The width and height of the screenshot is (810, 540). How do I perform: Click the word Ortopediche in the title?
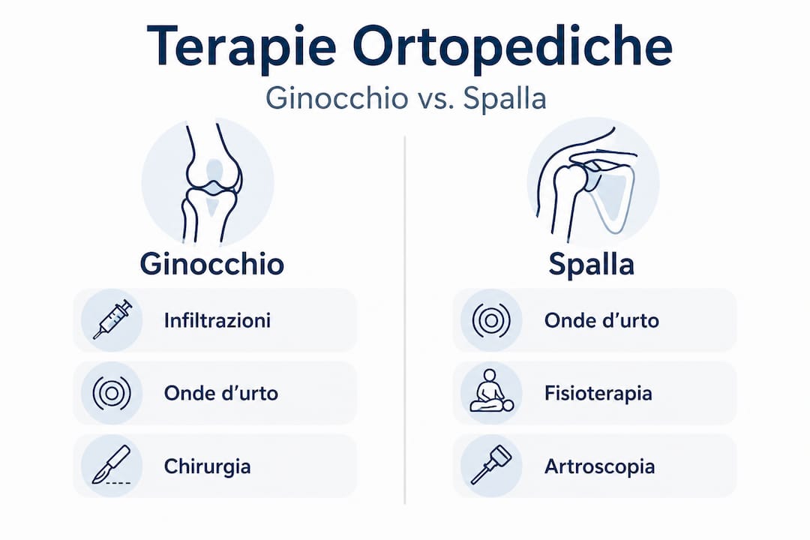(513, 46)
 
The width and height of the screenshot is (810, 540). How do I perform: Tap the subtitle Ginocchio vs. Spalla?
(406, 98)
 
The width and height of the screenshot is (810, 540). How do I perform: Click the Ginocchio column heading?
(211, 264)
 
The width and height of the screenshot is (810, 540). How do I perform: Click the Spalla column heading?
(592, 264)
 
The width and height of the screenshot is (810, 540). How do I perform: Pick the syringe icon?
(112, 319)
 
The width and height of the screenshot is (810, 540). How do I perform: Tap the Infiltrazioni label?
(217, 320)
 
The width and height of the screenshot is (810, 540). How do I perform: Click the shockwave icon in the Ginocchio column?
(112, 393)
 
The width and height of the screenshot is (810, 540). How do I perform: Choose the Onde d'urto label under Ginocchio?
(221, 393)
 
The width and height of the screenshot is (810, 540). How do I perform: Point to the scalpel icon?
(111, 465)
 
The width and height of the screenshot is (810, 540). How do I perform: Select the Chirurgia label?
(207, 466)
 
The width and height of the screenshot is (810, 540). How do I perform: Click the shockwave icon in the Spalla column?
(491, 320)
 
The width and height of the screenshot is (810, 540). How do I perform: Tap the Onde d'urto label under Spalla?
(601, 320)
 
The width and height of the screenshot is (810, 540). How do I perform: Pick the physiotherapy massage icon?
(491, 391)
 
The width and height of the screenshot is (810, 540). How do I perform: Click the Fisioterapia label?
(598, 393)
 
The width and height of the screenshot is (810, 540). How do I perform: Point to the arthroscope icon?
(491, 464)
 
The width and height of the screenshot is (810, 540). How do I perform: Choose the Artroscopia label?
(600, 466)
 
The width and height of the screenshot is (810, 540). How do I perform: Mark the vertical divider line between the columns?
(405, 319)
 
